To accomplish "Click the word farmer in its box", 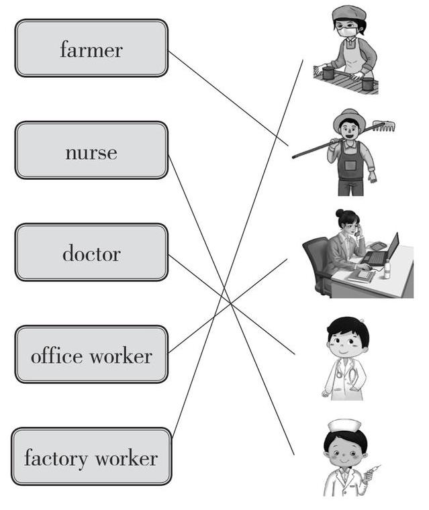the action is (91, 49).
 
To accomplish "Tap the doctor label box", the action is (91, 252).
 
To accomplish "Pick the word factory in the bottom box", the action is (56, 458).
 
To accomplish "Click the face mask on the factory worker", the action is (347, 32).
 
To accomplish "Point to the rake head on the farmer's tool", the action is (383, 125).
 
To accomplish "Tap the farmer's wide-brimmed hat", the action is (348, 119).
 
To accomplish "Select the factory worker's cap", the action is (348, 13).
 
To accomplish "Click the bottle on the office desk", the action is (387, 270).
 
